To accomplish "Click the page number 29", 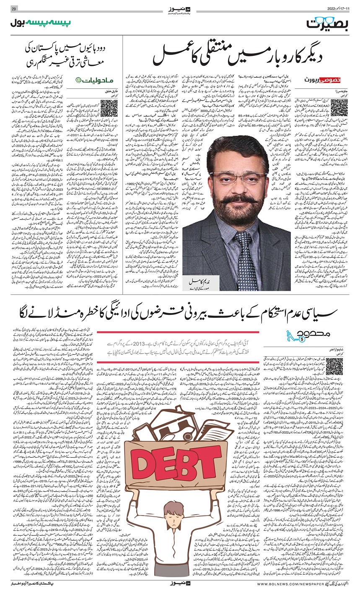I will [x=13, y=9].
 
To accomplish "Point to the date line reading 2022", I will [x=339, y=9].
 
